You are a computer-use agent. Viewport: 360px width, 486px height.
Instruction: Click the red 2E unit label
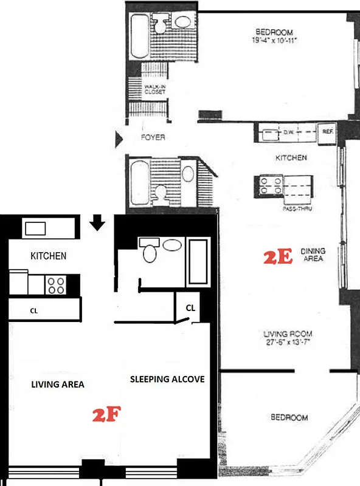coord(279,257)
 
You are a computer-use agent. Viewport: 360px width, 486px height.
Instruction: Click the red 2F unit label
coord(108,416)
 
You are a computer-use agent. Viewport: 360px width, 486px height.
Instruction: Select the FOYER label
coord(152,138)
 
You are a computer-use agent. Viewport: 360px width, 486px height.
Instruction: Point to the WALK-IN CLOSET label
coord(155,89)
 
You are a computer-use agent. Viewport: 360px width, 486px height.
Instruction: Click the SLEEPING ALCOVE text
coord(167,379)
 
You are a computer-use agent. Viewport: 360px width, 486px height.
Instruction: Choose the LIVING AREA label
coord(58,385)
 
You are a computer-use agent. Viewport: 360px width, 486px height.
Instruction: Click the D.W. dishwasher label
coord(288,131)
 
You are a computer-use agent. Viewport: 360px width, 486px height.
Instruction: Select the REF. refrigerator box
coord(327,131)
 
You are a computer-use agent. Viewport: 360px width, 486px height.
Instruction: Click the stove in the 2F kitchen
coord(56,285)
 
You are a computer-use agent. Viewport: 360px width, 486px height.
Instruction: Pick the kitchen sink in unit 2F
coord(35,228)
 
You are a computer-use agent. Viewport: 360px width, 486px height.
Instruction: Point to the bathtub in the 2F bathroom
coord(198,262)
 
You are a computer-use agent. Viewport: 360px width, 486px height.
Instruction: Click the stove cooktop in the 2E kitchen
coord(269,185)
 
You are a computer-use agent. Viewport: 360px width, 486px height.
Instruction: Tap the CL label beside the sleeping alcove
coord(190,308)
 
